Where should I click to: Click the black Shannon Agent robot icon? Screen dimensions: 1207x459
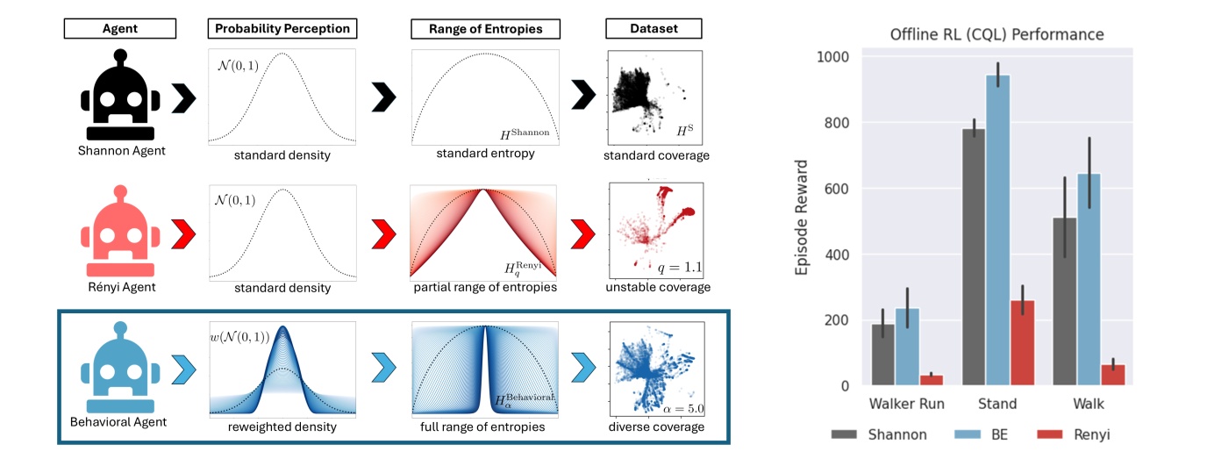120,95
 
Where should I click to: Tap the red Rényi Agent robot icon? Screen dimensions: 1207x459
120,231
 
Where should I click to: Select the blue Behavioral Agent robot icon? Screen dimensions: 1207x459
120,368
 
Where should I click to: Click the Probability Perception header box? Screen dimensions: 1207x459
282,29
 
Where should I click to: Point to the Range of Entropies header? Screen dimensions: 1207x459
485,29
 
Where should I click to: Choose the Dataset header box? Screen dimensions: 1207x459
653,29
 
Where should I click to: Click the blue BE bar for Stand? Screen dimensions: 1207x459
998,230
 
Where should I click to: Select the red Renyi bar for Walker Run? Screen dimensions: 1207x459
931,380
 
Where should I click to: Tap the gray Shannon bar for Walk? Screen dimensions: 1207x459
1065,302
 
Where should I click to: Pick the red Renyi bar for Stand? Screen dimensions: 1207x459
1022,343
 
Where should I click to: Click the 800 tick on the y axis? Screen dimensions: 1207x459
836,123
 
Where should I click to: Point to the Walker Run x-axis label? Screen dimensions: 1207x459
906,404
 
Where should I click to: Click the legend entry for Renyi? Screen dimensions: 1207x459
1073,434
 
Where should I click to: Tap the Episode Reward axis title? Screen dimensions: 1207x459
801,218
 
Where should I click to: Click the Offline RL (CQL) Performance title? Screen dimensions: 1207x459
996,34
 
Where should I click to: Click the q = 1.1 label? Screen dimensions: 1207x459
680,267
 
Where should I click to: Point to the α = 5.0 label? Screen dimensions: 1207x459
683,409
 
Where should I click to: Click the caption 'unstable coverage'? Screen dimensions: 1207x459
658,287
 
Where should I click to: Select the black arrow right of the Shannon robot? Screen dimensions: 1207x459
183,98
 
